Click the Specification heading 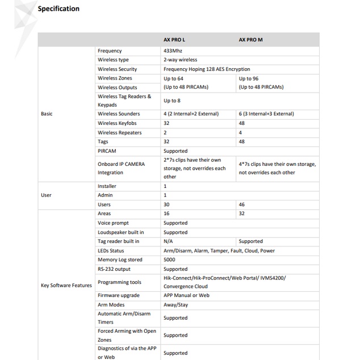58,9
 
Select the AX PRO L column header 174,40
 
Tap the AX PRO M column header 250,40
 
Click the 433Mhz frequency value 173,51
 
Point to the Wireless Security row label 117,69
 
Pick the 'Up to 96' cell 249,78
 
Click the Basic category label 47,114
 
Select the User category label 46,195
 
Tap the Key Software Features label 66,286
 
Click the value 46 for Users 242,204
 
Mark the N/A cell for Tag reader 168,241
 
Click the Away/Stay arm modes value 175,305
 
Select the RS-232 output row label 114,269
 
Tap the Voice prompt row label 113,223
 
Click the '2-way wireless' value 180,60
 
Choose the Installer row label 107,186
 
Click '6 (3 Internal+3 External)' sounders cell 266,114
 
